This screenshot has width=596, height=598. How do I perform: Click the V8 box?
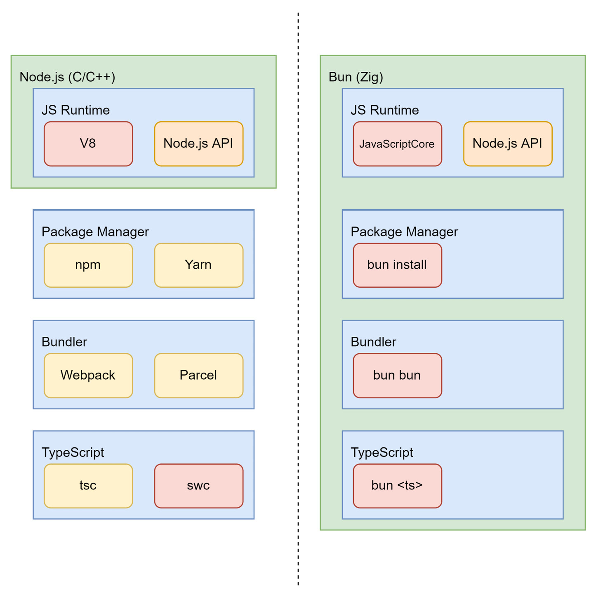click(88, 144)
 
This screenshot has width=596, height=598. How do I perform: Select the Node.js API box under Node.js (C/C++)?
click(198, 144)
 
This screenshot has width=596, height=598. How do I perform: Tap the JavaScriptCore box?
click(397, 144)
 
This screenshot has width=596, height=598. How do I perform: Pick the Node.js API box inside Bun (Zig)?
click(507, 144)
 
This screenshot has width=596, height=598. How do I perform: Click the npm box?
click(88, 265)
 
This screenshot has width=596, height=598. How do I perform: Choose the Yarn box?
click(198, 265)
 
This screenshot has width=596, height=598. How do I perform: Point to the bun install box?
click(397, 265)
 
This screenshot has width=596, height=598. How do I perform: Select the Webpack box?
click(88, 375)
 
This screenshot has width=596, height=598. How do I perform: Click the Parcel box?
click(198, 375)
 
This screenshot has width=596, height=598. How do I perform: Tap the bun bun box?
click(397, 375)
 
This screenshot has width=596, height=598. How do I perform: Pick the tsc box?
click(88, 485)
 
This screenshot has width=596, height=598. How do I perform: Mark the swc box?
click(198, 485)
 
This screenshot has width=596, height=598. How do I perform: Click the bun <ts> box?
click(397, 485)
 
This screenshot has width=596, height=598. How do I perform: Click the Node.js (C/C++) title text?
click(67, 77)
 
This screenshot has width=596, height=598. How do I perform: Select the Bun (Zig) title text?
click(356, 77)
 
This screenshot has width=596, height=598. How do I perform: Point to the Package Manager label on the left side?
click(95, 232)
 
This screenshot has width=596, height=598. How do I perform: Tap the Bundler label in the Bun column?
click(373, 342)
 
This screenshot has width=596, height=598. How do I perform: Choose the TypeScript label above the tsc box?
click(73, 452)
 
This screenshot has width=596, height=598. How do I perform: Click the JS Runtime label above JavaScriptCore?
click(384, 110)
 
